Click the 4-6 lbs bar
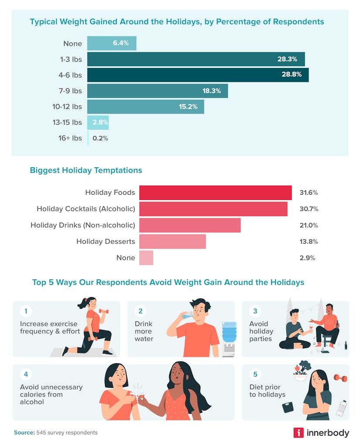click(197, 75)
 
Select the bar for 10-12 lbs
click(145, 107)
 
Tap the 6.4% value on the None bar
click(121, 44)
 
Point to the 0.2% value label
click(100, 138)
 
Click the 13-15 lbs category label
click(67, 122)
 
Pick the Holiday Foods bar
click(215, 193)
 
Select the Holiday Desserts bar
click(172, 241)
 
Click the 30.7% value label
click(309, 209)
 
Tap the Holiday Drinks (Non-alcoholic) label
click(83, 225)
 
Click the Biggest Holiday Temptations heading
click(86, 170)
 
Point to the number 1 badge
click(26, 311)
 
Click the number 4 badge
click(26, 374)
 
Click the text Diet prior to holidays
click(267, 391)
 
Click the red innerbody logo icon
click(299, 433)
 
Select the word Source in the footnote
click(24, 433)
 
